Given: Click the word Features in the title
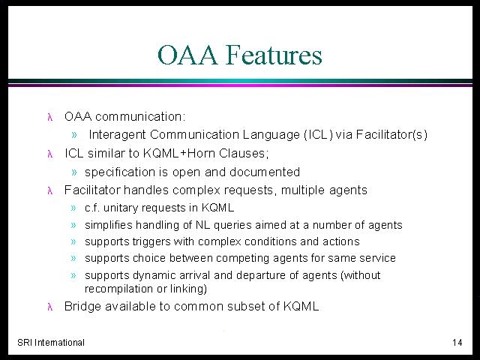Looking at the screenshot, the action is tap(274, 55).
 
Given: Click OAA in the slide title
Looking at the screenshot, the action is tap(187, 55).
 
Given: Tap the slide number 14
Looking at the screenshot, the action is tap(457, 342).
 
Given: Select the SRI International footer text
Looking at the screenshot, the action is tap(51, 342).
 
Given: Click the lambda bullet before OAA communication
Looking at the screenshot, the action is tap(50, 117).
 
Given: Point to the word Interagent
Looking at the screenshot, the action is tap(117, 135).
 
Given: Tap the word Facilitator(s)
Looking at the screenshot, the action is tap(391, 135).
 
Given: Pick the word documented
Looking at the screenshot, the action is tap(265, 172).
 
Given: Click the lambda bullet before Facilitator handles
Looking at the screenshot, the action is tap(50, 190).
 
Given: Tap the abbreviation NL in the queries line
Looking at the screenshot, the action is tap(202, 225).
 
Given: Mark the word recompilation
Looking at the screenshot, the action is tap(118, 289).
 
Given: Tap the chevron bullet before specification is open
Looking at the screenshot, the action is tap(74, 172).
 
